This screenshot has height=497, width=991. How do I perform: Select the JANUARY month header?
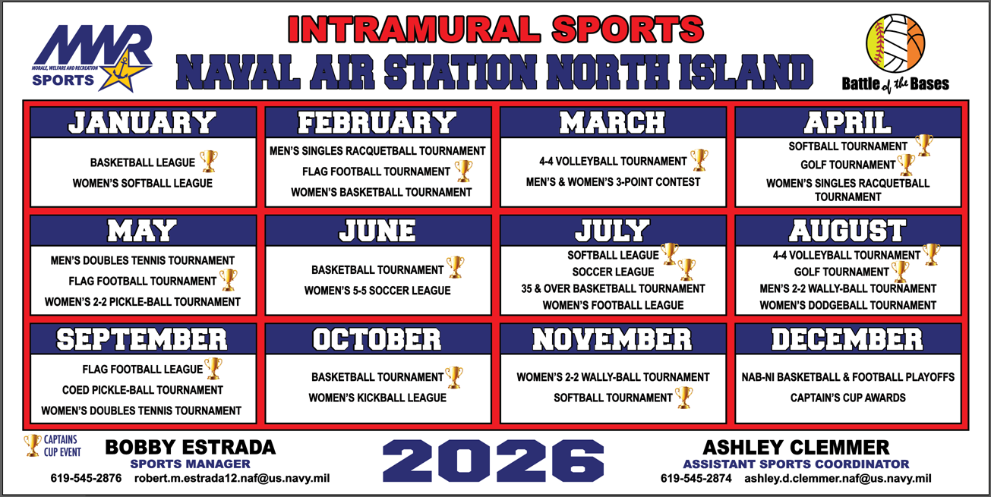(x=143, y=122)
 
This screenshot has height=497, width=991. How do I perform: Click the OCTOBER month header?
(x=377, y=339)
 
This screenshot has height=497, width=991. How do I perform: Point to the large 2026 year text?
(x=494, y=461)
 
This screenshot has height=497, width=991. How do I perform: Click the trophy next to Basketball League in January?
(x=208, y=161)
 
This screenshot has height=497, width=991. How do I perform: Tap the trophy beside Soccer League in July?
(x=686, y=269)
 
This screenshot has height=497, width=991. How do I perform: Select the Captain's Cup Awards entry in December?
(x=847, y=398)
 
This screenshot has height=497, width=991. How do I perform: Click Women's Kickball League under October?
(x=377, y=398)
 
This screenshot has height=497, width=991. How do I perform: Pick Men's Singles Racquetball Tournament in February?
(x=377, y=151)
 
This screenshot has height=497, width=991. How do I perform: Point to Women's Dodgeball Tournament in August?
(x=847, y=305)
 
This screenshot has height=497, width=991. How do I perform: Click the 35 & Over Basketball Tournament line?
(x=613, y=288)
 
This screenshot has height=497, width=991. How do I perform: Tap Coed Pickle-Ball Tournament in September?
(x=143, y=390)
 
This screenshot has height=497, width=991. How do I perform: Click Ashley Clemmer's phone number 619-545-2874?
(x=696, y=479)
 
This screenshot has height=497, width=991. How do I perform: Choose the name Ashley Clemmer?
(x=796, y=447)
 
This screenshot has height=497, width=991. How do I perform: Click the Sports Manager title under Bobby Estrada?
(x=190, y=464)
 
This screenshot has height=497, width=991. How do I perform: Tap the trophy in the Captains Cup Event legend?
(x=33, y=445)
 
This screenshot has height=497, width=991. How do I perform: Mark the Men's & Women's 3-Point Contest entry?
(x=613, y=182)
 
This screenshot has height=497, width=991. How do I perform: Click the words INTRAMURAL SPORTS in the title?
(x=496, y=30)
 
